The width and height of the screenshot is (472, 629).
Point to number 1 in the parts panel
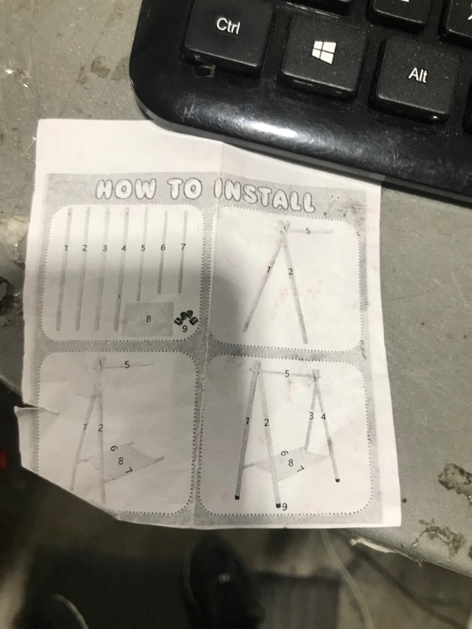(66, 248)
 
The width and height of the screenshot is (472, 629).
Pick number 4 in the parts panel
(124, 248)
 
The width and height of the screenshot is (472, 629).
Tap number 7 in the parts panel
(183, 247)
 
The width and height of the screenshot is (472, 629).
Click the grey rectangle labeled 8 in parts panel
(148, 319)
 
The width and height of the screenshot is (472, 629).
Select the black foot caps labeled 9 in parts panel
(186, 320)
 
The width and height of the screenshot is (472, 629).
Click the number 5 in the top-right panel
(308, 230)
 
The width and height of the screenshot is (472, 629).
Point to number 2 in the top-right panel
(290, 271)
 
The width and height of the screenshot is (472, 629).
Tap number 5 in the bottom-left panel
(127, 365)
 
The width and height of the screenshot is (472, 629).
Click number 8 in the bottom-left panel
(120, 462)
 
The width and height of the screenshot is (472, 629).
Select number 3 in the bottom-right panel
(312, 416)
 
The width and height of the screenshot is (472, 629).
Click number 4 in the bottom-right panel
(323, 417)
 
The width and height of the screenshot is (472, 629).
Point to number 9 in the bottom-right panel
(284, 506)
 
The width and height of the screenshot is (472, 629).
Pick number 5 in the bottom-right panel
(287, 373)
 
